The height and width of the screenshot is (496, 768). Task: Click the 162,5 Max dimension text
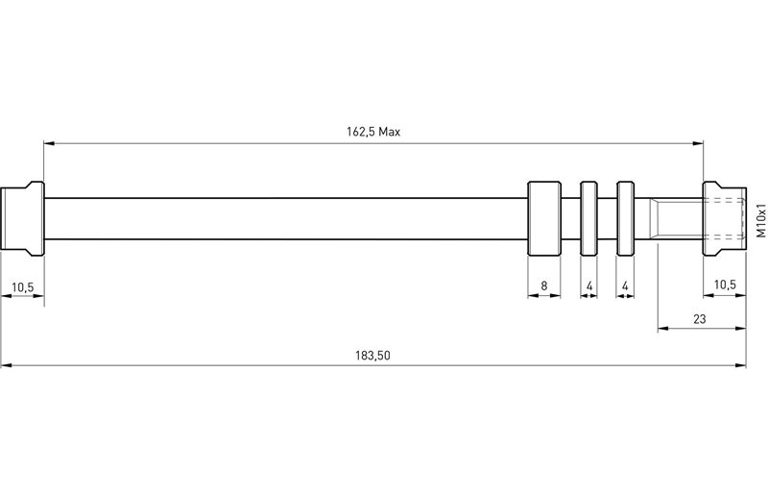(x=373, y=132)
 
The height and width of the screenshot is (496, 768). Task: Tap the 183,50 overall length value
(x=373, y=355)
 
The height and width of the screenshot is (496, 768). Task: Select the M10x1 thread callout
(x=758, y=220)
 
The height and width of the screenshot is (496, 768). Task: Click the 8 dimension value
(x=544, y=285)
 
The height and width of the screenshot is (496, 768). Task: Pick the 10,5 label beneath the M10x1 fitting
(x=725, y=285)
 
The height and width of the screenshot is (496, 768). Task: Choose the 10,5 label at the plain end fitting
(x=22, y=285)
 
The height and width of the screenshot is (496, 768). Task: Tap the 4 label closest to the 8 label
(x=588, y=285)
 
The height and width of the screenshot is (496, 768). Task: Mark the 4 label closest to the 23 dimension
(x=625, y=285)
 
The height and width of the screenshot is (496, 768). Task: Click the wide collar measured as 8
(x=544, y=218)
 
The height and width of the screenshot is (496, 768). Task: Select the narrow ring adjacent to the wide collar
(x=588, y=218)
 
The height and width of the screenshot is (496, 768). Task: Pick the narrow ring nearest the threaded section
(x=625, y=218)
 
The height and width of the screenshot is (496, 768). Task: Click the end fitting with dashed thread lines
(x=725, y=218)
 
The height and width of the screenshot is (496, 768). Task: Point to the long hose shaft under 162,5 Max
(x=288, y=218)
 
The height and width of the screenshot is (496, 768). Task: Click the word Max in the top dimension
(x=389, y=132)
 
